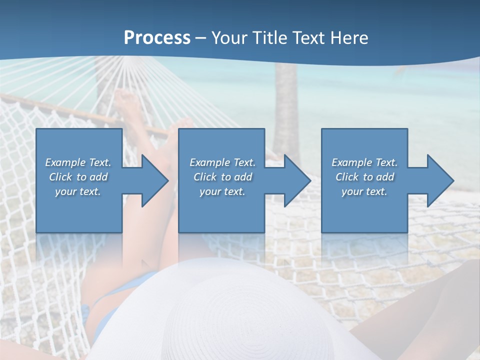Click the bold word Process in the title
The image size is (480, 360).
(x=157, y=38)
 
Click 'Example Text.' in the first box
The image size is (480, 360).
(x=78, y=162)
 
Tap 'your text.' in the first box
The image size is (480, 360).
(x=78, y=191)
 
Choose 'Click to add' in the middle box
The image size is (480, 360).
(x=222, y=177)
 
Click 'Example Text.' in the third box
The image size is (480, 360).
(x=364, y=162)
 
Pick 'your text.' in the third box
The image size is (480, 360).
(x=364, y=191)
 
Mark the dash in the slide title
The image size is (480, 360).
(x=201, y=38)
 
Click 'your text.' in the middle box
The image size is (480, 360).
(x=222, y=191)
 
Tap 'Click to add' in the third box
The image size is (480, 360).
(x=364, y=177)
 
